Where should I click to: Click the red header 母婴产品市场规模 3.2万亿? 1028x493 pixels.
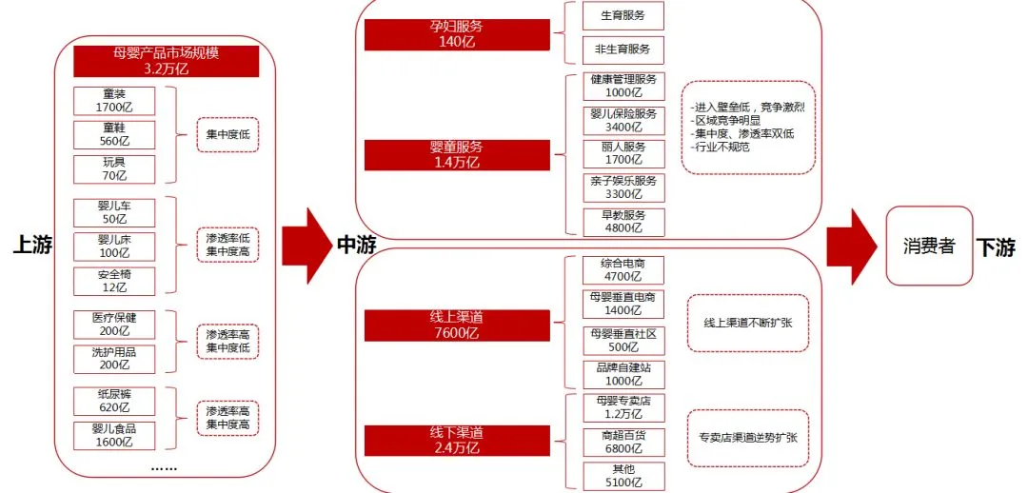coord(167,61)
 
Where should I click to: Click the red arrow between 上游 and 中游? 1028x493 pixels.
coord(307,246)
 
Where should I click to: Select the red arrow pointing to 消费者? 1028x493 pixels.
coord(850,246)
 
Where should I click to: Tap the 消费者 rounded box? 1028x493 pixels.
coord(929,246)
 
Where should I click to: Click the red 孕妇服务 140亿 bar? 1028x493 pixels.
coord(457,33)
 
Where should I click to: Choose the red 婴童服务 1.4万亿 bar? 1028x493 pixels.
coord(457,154)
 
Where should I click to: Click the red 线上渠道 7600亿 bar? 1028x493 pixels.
coord(457,325)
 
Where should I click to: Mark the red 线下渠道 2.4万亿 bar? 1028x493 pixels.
coord(457,441)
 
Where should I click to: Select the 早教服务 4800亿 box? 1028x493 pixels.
coord(623,222)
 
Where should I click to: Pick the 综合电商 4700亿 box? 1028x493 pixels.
coord(623,269)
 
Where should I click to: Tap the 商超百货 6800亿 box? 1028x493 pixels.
coord(623,441)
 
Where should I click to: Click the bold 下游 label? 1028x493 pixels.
coord(996,247)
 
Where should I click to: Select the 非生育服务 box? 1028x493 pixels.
coord(623,49)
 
